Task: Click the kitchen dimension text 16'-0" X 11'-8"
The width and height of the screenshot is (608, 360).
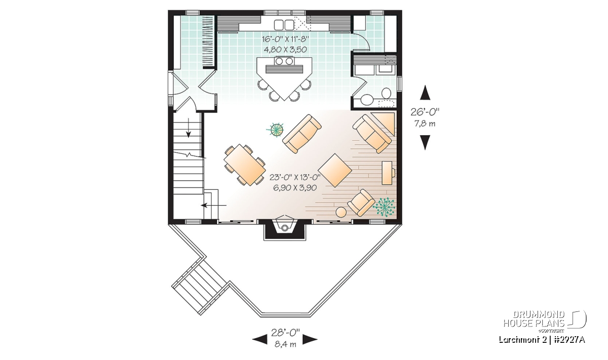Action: click(x=286, y=39)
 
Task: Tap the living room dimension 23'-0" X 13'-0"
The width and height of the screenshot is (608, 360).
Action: click(x=295, y=177)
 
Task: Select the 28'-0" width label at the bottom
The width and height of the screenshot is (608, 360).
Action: click(x=285, y=332)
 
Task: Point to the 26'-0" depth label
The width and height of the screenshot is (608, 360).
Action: click(x=425, y=111)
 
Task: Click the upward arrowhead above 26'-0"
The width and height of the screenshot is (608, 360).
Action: click(x=425, y=93)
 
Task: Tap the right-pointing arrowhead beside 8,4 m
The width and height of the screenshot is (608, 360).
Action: click(x=310, y=339)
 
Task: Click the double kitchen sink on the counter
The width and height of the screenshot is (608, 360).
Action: click(x=284, y=25)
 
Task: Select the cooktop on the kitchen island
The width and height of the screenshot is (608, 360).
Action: click(x=284, y=61)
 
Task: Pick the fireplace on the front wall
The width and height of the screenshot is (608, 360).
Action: click(x=285, y=227)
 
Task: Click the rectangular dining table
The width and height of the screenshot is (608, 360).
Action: click(x=245, y=165)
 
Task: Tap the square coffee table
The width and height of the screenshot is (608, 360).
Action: click(x=335, y=170)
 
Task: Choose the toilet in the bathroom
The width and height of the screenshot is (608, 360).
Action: click(x=386, y=93)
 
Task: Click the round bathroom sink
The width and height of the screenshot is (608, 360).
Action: click(x=366, y=100)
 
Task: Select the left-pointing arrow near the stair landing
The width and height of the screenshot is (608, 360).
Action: click(x=213, y=206)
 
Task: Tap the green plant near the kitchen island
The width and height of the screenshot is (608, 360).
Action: click(x=276, y=130)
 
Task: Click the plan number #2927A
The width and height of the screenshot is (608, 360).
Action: click(x=569, y=340)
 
